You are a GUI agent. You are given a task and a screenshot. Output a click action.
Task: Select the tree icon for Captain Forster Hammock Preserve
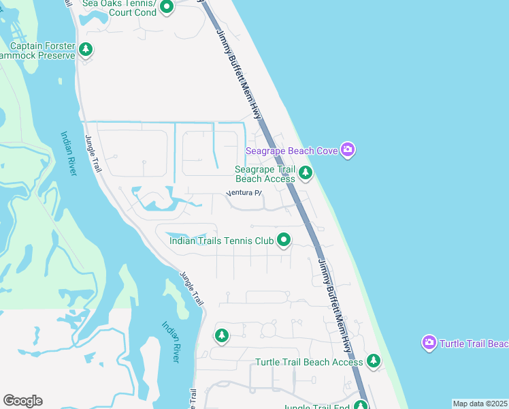86,49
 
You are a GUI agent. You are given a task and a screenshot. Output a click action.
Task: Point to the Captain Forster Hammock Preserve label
37,51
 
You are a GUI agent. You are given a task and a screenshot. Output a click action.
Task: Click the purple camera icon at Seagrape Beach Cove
348,150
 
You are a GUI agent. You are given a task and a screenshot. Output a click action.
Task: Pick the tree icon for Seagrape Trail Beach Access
306,174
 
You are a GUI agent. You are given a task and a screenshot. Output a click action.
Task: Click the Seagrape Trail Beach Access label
265,174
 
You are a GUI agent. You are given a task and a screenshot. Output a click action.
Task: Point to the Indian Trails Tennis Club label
221,241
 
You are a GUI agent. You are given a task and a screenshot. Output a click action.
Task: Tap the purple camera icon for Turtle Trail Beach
429,343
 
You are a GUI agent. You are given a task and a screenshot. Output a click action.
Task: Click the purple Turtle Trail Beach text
474,344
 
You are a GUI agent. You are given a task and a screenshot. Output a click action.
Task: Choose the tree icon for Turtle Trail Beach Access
373,361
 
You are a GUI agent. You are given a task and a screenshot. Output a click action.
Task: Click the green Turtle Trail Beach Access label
309,362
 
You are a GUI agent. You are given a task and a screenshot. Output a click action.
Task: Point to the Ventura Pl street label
244,193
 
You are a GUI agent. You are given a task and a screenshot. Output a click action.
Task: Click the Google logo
22,401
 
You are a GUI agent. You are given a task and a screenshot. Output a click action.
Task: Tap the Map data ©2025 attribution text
480,404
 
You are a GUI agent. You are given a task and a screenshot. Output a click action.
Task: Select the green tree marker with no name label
221,335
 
